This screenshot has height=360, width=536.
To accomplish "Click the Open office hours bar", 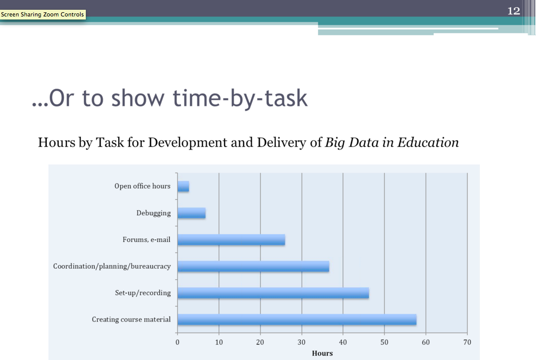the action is tap(183, 186).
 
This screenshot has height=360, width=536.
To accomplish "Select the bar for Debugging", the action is tap(191, 213).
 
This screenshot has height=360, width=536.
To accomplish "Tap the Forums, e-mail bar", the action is tap(231, 240).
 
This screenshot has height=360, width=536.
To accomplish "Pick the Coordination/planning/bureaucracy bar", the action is tap(253, 267).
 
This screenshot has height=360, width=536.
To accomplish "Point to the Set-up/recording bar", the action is tap(273, 293).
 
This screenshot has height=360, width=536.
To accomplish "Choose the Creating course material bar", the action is tap(297, 320).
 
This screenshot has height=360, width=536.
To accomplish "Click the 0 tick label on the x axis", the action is tap(177, 342).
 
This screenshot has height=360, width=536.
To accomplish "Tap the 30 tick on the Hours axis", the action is tap(302, 342).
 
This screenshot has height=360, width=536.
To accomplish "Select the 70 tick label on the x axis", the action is tap(467, 342).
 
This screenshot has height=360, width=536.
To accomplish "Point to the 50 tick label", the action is tap(384, 342).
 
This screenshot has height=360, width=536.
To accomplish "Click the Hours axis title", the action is tap(322, 353).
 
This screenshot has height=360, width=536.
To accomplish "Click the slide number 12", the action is tap(514, 11).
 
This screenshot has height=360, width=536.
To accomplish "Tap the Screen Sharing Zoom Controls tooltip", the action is tap(43, 14).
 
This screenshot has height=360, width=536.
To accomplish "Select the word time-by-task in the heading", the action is tap(240, 99).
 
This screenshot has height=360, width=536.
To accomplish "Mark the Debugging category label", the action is tap(154, 213).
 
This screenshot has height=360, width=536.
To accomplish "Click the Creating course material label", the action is tap(131, 319).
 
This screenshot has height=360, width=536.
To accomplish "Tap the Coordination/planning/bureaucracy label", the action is tap(112, 267).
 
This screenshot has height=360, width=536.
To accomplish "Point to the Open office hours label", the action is tap(142, 186).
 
